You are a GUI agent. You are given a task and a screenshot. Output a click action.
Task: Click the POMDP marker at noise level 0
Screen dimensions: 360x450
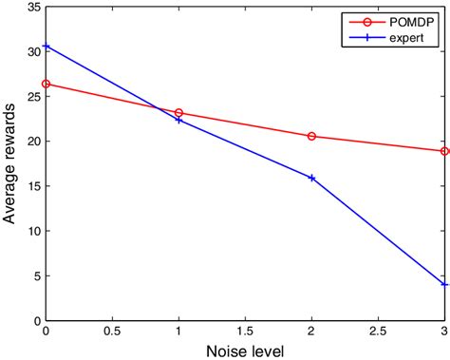46,84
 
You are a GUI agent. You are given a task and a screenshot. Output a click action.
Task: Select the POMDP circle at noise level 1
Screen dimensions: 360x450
178,113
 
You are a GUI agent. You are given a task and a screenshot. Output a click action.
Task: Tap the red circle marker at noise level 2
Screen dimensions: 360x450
311,136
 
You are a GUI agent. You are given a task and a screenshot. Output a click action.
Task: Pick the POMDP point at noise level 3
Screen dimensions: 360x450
444,151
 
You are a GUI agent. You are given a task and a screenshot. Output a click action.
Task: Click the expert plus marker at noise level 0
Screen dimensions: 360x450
46,46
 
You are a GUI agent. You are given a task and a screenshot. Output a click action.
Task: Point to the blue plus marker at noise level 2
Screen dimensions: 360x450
311,178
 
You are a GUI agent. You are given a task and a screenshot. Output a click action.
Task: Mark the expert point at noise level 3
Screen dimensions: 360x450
444,284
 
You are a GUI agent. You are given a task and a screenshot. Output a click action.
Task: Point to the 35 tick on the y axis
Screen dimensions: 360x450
32,7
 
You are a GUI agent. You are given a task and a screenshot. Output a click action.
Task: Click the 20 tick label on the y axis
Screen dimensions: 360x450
32,142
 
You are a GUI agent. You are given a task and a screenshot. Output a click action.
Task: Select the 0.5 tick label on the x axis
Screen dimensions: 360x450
112,332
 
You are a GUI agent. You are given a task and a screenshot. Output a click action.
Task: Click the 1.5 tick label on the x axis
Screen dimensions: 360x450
245,332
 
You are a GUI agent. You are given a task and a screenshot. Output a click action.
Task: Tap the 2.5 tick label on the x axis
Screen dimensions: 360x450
378,332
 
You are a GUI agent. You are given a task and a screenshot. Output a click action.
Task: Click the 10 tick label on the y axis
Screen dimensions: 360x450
32,232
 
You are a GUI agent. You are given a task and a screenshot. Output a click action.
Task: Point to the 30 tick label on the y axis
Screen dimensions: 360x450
32,51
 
